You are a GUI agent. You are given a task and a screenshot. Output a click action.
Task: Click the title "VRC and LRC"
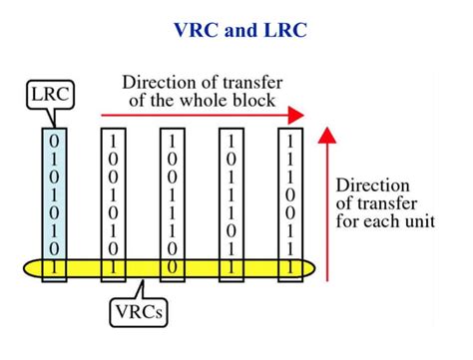click(x=236, y=30)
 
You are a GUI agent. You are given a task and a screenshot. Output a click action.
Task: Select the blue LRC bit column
click(x=54, y=199)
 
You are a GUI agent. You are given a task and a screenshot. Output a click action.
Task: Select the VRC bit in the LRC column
click(x=54, y=267)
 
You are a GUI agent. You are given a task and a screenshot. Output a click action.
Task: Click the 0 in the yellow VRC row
click(x=172, y=267)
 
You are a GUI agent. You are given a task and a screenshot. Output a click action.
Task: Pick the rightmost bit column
click(x=289, y=199)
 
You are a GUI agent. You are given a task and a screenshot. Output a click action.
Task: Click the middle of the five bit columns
click(x=172, y=199)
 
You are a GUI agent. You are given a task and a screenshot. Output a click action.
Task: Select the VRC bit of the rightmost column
click(x=289, y=267)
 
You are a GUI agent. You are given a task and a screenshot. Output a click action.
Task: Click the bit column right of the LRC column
click(x=114, y=199)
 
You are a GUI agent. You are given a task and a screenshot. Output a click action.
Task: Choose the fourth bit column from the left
click(x=232, y=199)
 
